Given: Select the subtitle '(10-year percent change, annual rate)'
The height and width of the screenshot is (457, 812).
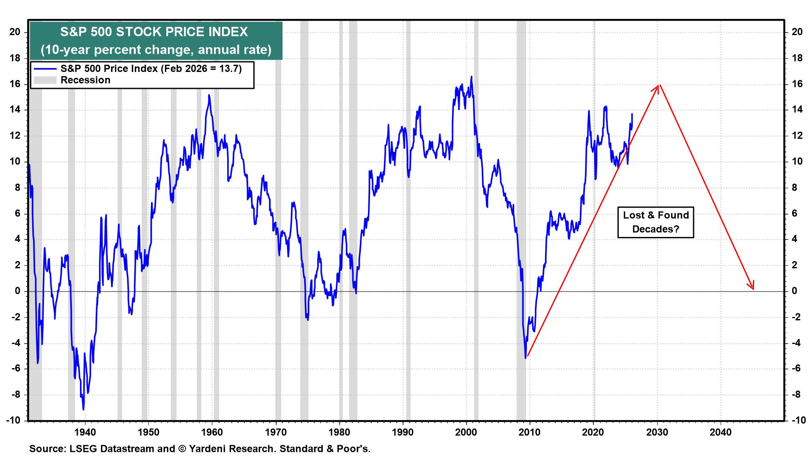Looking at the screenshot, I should pos(156,50).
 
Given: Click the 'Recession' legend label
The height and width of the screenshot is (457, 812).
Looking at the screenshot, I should pos(85,80).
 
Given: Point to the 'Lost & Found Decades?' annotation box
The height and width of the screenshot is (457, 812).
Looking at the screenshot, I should pos(656,222).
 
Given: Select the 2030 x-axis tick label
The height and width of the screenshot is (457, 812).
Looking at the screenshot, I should pos(657,432).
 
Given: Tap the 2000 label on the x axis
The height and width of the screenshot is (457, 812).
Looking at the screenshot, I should pos(466,432).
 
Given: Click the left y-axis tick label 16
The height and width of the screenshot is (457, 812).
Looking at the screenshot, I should pos(15,84).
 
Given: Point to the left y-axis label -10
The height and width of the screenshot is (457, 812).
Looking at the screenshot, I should pos(13,420).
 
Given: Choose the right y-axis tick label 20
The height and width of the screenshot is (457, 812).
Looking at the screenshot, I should pos(797,32).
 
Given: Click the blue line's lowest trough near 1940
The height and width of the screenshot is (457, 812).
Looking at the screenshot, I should pos(83,409).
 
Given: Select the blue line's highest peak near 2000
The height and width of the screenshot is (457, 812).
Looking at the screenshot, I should pos(471,77).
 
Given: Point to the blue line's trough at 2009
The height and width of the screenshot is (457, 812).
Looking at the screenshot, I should pos(525,358).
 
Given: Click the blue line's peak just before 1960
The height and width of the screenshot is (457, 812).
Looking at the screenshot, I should pos(209,95).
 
